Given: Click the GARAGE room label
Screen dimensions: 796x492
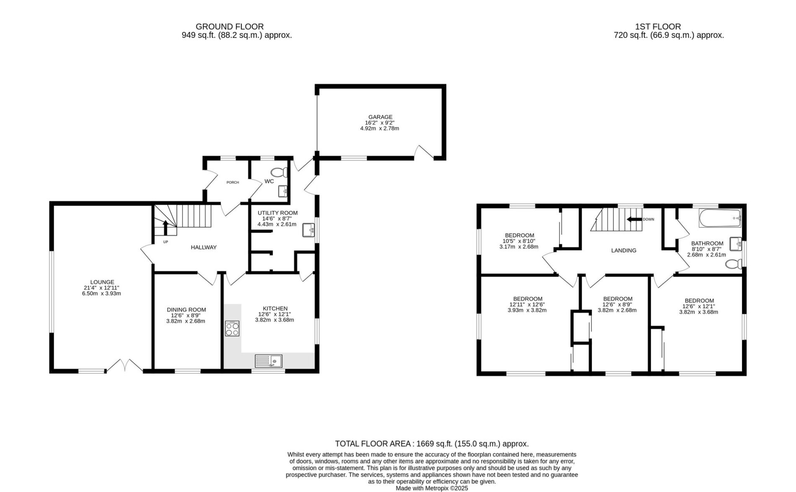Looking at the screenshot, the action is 380,117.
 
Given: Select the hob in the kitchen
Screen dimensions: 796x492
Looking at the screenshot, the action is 232,328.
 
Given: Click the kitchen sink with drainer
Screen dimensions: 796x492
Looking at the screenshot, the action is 269,361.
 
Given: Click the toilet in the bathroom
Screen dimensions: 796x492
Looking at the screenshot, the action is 734,264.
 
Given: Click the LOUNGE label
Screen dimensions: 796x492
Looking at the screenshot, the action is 102,282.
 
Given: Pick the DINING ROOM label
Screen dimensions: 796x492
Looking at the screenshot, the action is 186,310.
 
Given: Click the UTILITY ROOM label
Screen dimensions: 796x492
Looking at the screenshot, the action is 278,213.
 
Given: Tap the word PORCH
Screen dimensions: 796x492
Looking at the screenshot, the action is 233,182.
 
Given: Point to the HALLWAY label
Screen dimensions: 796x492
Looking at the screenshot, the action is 204,247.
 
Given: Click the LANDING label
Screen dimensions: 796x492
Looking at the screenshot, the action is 624,250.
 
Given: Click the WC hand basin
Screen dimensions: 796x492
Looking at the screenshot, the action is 284,191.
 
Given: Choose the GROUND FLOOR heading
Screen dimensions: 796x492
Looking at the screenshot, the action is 230,27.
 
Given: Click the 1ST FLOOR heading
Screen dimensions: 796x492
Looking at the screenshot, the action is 658,27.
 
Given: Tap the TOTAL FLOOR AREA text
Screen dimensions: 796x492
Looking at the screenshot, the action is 432,444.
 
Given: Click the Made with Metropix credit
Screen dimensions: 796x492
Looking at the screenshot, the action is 432,489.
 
